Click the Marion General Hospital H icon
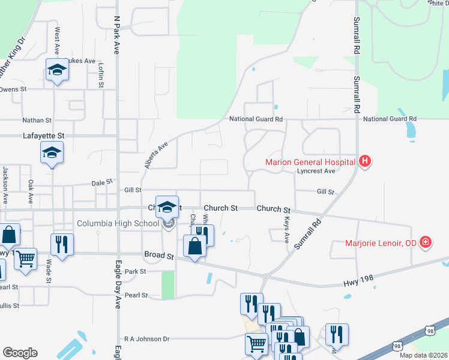(364, 161)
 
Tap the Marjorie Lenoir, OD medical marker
(426, 242)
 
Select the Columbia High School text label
(118, 224)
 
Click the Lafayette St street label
(43, 136)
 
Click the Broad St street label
(158, 255)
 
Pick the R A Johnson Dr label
(147, 338)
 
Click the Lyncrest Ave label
(316, 171)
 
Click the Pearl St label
(136, 295)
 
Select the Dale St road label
(102, 182)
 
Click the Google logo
(20, 353)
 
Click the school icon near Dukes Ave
(57, 70)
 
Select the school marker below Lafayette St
(52, 153)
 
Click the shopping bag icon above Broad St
(195, 246)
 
